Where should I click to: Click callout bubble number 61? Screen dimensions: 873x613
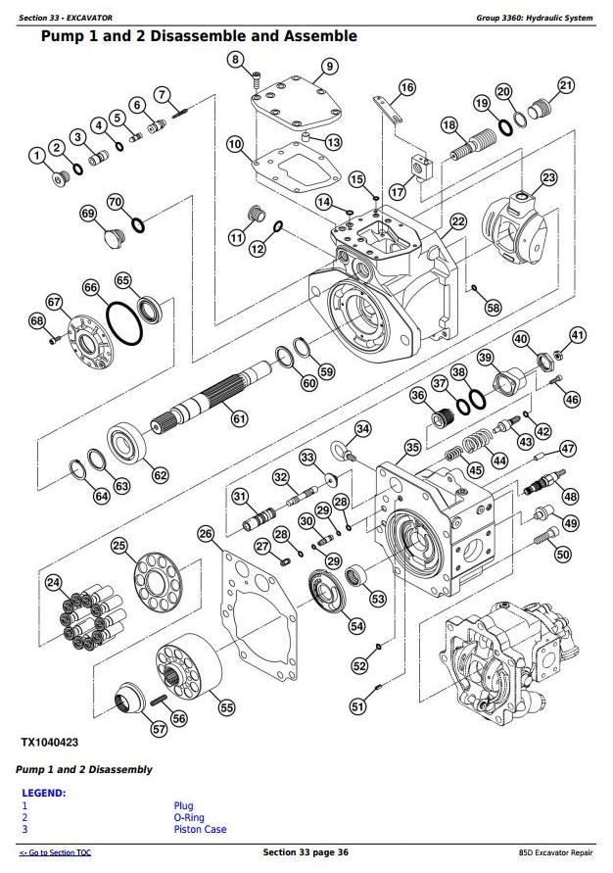[x=239, y=418]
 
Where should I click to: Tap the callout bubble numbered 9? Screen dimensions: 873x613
[x=329, y=67]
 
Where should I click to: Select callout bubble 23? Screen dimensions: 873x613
[x=548, y=177]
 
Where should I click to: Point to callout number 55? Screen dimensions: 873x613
[x=226, y=706]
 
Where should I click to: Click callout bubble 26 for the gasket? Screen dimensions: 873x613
[x=205, y=534]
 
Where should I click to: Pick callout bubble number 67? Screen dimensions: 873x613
[x=54, y=302]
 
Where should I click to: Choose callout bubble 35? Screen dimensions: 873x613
[x=412, y=448]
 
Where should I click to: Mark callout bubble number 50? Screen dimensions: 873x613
[x=562, y=555]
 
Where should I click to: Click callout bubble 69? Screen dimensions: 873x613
[x=87, y=214]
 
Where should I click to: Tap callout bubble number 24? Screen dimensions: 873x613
[x=52, y=583]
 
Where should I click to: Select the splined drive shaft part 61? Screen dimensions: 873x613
[x=211, y=398]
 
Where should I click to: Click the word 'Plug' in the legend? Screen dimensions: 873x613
[x=183, y=806]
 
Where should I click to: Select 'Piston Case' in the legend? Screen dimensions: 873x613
[x=199, y=830]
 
